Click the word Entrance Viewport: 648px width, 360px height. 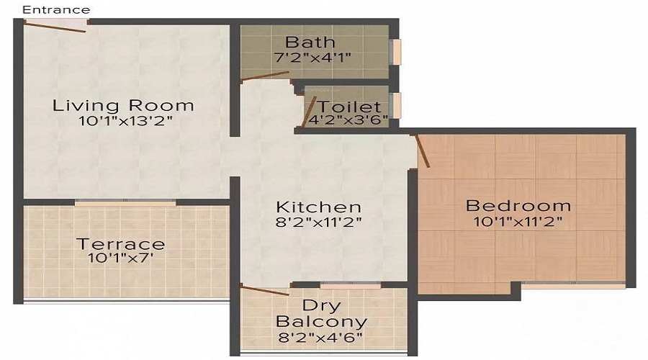coord(56,10)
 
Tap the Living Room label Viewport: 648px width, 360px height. coord(123,105)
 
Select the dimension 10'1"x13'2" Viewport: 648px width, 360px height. coord(125,121)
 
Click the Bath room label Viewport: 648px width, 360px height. coord(310,42)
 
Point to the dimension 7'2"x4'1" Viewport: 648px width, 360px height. coord(312,58)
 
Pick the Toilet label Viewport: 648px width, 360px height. coord(348,107)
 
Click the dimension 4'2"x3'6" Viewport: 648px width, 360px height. coord(348,120)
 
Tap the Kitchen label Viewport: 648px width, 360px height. coord(319,207)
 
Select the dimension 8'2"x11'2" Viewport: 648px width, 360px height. coord(319,222)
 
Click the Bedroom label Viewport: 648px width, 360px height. coord(518,205)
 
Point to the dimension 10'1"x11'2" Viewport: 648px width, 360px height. coord(518,222)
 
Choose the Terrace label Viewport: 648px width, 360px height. coord(121,244)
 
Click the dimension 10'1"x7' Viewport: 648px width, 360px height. coord(121,258)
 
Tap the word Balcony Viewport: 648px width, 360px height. coord(322,322)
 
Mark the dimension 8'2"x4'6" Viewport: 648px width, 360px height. coord(320,338)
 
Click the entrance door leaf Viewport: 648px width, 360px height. coord(55,27)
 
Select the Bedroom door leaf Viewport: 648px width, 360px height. coord(423,151)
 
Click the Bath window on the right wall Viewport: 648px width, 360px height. coord(397,52)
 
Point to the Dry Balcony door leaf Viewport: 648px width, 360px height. coord(265,290)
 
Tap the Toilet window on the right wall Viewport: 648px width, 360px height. coord(397,105)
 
